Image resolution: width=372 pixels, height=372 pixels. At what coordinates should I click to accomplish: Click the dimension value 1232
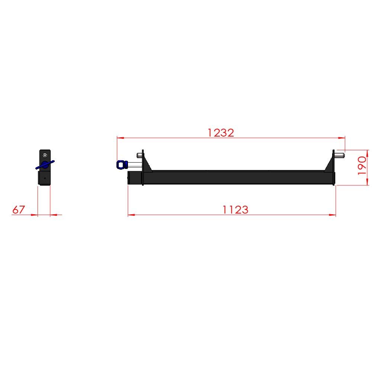221,132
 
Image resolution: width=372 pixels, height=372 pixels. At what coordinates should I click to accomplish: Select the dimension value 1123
235,210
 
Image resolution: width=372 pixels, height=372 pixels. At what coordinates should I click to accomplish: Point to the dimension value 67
18,210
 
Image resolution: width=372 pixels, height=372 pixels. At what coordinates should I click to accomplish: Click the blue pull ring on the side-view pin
121,164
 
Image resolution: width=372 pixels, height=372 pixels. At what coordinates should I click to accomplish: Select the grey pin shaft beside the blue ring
134,164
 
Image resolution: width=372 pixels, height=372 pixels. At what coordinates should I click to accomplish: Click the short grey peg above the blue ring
139,155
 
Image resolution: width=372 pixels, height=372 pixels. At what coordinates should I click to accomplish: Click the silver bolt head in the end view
45,155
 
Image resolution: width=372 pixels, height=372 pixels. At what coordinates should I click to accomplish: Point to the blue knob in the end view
45,165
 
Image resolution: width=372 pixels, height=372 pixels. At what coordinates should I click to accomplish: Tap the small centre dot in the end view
45,178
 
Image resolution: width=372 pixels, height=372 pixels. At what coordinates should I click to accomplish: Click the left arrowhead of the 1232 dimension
119,138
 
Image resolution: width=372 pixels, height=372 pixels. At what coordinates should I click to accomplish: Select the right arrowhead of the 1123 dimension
333,215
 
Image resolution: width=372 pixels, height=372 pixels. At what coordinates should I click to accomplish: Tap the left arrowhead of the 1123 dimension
131,215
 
